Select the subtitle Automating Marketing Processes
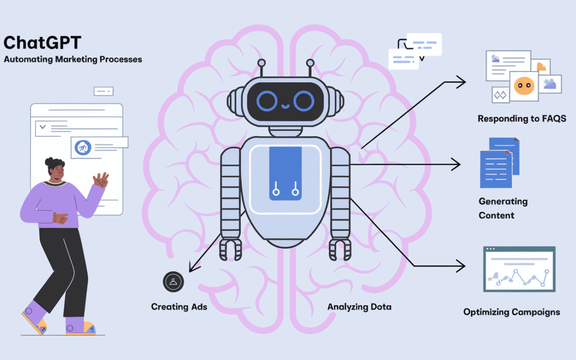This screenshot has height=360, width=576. [x=73, y=59]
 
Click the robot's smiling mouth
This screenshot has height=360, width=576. [x=285, y=106]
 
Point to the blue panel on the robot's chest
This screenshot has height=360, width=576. [x=285, y=173]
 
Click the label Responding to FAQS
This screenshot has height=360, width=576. [x=522, y=118]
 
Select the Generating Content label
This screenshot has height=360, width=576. [x=503, y=209]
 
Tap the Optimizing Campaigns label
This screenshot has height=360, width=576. [x=511, y=312]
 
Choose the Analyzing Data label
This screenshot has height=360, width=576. [x=359, y=307]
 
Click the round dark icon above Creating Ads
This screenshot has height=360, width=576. [x=173, y=282]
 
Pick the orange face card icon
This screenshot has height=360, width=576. [x=523, y=85]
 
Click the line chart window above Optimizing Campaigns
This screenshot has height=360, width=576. [x=519, y=269]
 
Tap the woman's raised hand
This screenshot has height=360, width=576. [x=101, y=180]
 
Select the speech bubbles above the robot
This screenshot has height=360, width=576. [x=415, y=51]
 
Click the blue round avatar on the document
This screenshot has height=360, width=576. [x=82, y=147]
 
